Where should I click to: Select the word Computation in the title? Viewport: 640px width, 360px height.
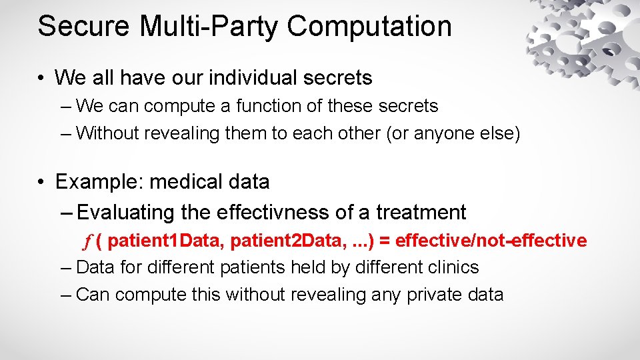[x=370, y=27]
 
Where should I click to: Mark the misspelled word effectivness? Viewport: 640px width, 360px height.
[x=273, y=213]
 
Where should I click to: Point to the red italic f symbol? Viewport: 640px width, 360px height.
[x=86, y=241]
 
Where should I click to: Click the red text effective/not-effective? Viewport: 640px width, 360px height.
[x=491, y=241]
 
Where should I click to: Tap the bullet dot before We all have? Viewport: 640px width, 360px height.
[x=42, y=79]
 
